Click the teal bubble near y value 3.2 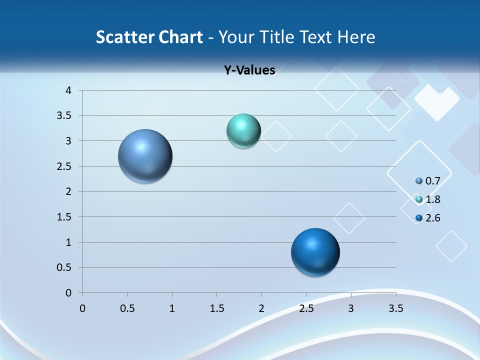243,131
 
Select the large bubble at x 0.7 145,156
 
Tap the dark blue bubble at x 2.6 315,252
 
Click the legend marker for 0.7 419,180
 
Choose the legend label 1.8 433,199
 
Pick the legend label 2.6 433,218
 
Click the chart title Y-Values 249,70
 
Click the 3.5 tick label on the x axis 396,308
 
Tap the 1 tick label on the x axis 172,308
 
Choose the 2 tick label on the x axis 261,308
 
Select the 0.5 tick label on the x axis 127,308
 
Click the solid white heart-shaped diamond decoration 436,101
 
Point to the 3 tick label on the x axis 351,308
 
